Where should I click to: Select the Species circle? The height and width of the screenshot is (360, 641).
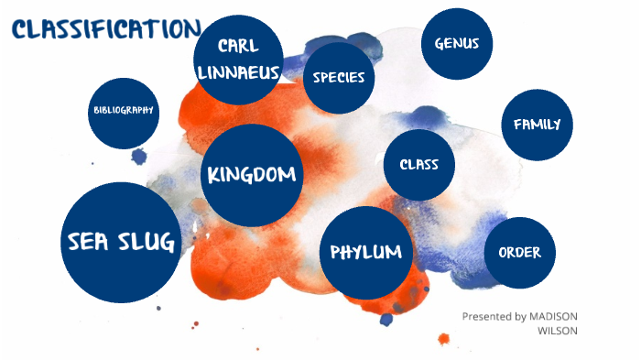coord(339,78)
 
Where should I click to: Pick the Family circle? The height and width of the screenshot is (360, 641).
coord(537,125)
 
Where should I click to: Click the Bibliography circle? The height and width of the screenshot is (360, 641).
coord(124,111)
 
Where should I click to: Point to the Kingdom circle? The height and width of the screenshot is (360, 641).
coord(252,174)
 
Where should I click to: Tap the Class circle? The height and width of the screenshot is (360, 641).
coord(418,165)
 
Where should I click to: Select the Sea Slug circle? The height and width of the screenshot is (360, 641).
coord(122,242)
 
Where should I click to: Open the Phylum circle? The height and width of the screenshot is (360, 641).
coord(366,251)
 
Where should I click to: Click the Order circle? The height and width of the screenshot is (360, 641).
coord(519,253)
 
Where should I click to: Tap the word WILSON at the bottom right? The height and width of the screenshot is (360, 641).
coord(560,332)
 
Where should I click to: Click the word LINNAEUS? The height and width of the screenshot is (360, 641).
coord(242,71)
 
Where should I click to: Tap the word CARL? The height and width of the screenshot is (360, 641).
coord(239,47)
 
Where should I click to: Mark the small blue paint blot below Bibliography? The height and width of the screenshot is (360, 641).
coord(139,157)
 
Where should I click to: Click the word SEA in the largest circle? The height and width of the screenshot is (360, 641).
coord(90,242)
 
